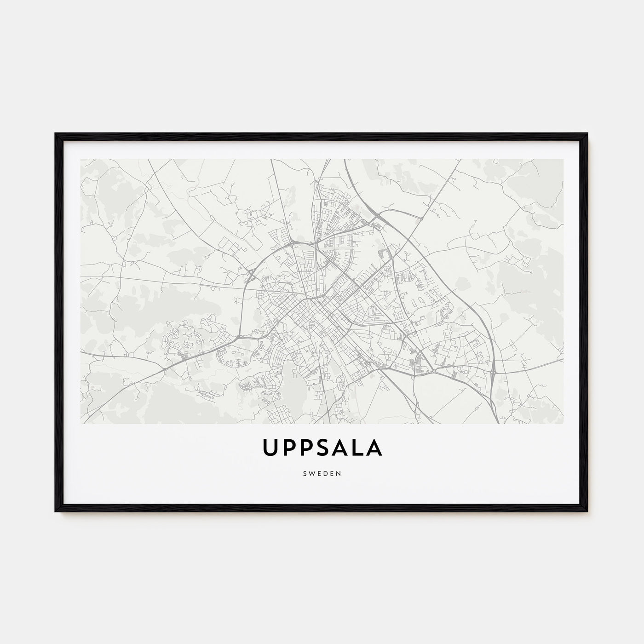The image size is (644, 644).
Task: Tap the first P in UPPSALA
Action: pos(289,448)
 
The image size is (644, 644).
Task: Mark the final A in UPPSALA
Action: pos(374,448)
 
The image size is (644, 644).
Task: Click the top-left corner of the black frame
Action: pos(56,134)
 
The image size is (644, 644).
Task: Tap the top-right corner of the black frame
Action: pos(587,134)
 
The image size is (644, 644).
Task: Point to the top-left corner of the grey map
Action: pos(80,159)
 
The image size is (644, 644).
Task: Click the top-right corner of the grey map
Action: pos(563,159)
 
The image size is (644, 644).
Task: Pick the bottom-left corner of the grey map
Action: pos(80,424)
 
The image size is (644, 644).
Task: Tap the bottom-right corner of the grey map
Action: pos(563,424)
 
